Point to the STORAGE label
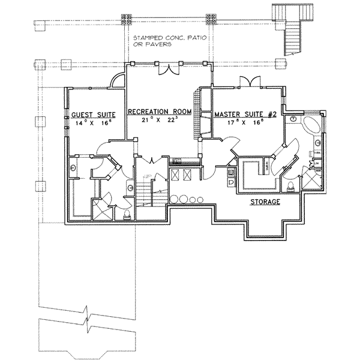265,202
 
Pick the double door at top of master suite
247,82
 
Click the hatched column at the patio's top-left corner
127,19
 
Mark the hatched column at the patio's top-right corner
210,19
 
